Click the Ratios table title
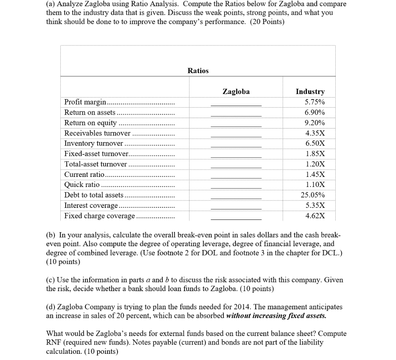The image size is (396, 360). pos(198,70)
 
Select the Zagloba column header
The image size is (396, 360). pos(236,92)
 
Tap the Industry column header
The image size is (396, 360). pos(310,92)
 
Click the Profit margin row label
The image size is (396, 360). pos(85,102)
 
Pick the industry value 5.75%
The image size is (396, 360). pos(315,102)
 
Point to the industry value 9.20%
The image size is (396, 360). pos(315,123)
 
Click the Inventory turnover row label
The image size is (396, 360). pos(94,144)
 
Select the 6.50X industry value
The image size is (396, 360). pos(315,144)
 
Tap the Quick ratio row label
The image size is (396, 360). pos(82,185)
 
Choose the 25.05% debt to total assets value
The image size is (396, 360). pos(313,195)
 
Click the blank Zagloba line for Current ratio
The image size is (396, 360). pos(236,177)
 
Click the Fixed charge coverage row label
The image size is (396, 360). pos(100,216)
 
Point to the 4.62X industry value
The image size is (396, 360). pos(315,216)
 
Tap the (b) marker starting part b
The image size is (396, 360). pos(51,235)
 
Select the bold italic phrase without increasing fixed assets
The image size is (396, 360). pos(276,315)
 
